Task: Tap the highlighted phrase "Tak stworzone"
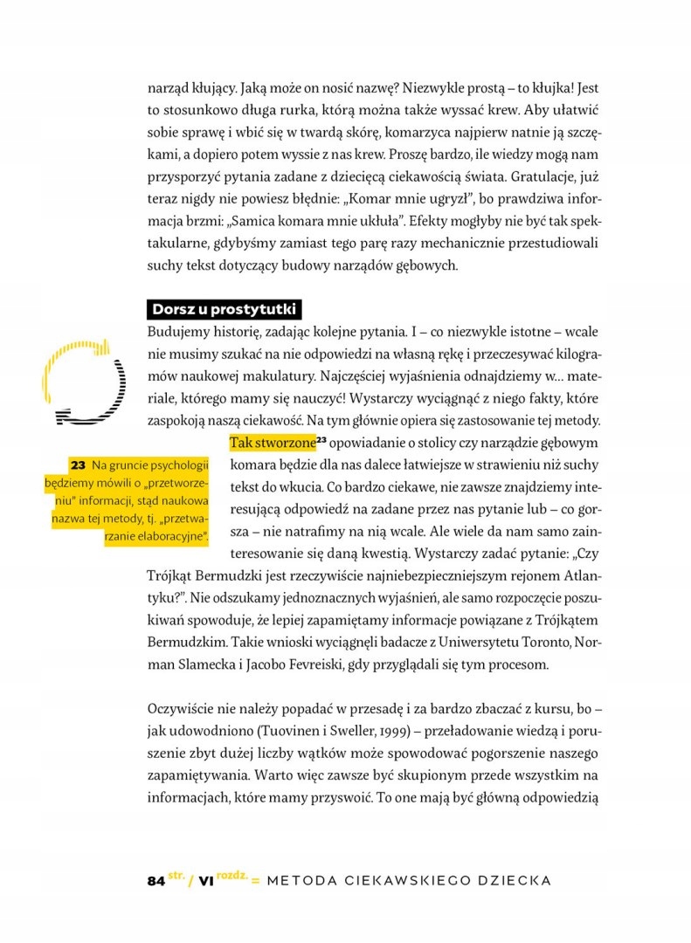[271, 442]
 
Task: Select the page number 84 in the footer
[155, 881]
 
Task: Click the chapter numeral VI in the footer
[207, 881]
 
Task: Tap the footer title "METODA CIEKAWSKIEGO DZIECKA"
[409, 880]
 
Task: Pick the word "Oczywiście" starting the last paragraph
[180, 706]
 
